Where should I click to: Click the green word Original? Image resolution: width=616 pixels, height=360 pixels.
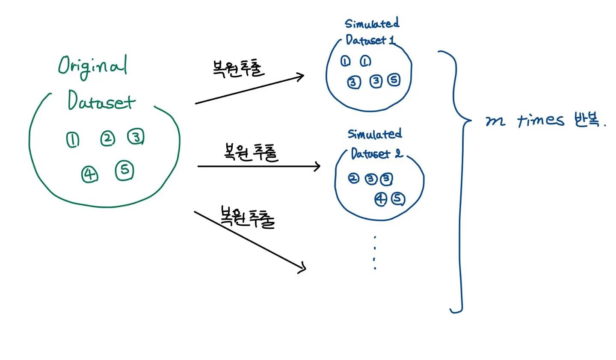tap(92, 67)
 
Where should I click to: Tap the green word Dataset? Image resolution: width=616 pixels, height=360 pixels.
tap(101, 101)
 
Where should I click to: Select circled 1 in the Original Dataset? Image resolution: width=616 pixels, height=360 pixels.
tap(73, 140)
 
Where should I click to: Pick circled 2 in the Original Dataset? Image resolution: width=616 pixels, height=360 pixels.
tap(107, 139)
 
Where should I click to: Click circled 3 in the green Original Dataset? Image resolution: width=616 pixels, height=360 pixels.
tap(136, 137)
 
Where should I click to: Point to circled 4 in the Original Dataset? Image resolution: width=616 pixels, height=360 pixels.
tap(90, 174)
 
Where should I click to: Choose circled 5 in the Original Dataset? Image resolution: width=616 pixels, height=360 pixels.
tap(124, 171)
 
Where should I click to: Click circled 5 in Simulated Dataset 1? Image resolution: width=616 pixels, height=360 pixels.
tap(394, 80)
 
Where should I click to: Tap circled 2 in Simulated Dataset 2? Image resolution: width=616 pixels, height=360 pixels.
tap(353, 178)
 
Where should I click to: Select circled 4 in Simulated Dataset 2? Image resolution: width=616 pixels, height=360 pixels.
tap(381, 199)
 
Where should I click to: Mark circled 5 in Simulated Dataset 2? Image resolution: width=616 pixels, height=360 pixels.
tap(398, 198)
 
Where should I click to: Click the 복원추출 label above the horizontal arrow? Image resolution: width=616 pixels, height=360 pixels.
tap(251, 152)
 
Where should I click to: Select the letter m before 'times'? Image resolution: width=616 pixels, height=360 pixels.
tap(495, 121)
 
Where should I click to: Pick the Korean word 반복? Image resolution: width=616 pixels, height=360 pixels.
tap(587, 120)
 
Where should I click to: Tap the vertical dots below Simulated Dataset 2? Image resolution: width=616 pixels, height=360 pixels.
tap(375, 253)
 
